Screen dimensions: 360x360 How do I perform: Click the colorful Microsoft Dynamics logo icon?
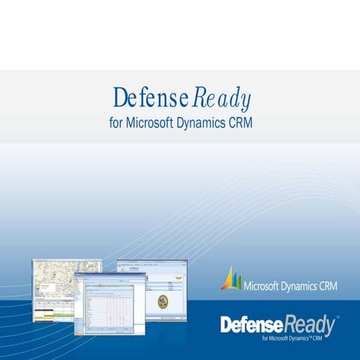pos(232,279)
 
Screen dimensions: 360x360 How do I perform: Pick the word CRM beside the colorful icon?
pos(328,286)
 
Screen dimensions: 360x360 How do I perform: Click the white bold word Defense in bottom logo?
pos(251,325)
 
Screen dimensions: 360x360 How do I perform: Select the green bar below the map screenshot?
pos(52,316)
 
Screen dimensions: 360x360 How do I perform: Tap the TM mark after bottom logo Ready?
pos(337,317)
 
